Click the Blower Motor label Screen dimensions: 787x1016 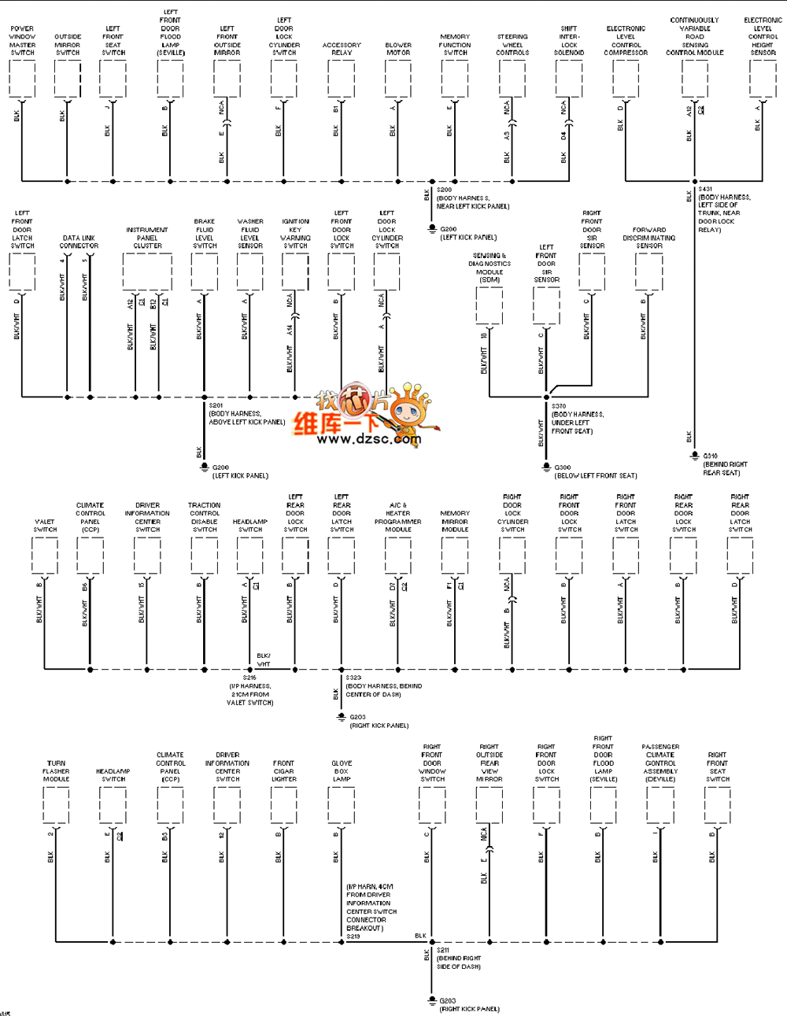pos(398,49)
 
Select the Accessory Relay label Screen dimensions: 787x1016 pos(342,49)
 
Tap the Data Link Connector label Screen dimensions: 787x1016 pos(79,242)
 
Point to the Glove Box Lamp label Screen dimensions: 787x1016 pos(342,771)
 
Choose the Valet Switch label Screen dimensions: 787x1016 pos(45,526)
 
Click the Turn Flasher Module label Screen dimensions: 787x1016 pos(56,771)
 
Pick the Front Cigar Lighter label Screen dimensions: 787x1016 pos(284,771)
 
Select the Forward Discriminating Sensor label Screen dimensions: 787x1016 pos(649,238)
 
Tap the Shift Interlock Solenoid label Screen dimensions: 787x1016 pos(569,41)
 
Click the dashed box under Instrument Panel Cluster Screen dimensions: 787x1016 pos(147,272)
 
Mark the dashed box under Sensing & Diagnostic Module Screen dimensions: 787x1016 pos(490,306)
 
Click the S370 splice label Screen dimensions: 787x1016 pos(559,406)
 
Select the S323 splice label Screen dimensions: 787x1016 pos(353,678)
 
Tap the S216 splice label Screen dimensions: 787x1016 pos(249,678)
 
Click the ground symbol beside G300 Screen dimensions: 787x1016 pos(547,467)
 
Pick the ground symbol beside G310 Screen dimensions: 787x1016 pos(694,456)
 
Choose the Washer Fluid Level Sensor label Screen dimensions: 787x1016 pos(250,234)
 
